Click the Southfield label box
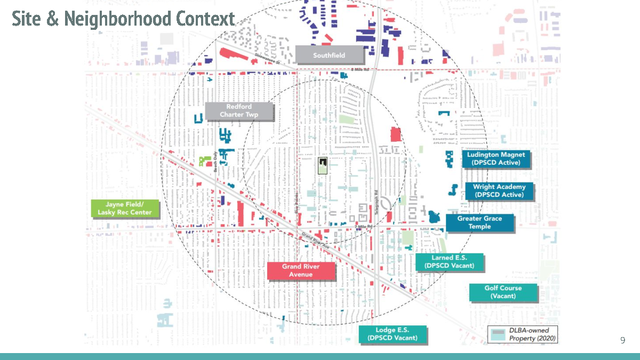click(x=329, y=55)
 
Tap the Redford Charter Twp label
click(x=239, y=111)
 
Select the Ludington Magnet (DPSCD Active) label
click(x=496, y=159)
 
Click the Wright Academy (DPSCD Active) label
click(x=499, y=191)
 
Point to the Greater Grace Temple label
click(x=479, y=223)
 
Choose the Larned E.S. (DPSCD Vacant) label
click(x=449, y=262)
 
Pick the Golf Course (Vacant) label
click(x=503, y=292)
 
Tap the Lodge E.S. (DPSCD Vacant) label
click(x=393, y=334)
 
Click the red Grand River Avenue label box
click(x=301, y=271)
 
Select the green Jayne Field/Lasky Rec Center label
click(x=125, y=209)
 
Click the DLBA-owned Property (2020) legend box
click(x=523, y=334)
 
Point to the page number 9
click(x=622, y=340)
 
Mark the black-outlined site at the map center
click(x=323, y=166)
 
